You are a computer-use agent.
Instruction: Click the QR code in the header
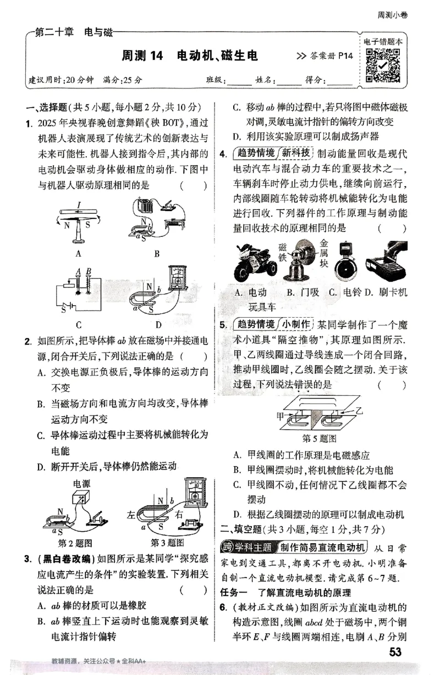point(383,65)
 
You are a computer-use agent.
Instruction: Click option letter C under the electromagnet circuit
point(79,324)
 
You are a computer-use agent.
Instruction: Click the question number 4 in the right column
point(223,153)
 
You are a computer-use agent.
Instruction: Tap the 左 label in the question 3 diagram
point(130,515)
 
